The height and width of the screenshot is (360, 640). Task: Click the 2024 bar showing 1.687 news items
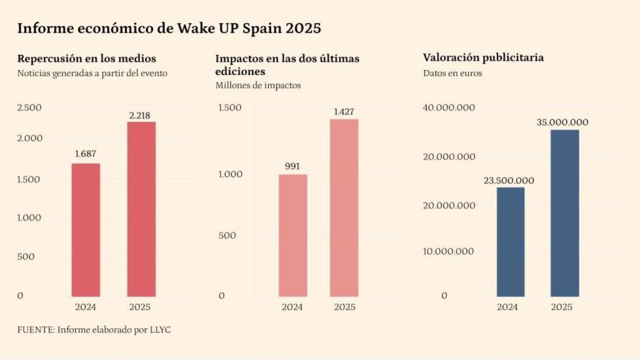[x=86, y=229]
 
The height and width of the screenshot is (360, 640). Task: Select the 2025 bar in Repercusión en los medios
[x=141, y=209]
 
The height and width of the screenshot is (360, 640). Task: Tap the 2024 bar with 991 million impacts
[x=292, y=235]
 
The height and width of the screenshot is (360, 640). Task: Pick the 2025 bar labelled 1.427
[x=344, y=207]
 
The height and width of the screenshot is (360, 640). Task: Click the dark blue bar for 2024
[x=510, y=241]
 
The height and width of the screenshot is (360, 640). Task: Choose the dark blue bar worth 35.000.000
[x=565, y=212]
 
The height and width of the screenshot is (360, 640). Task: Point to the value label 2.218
[x=139, y=115]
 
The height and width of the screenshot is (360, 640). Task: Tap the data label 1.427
[x=343, y=112]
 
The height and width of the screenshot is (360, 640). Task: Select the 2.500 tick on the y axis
[x=29, y=107]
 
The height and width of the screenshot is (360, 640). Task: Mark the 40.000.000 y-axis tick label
[x=449, y=107]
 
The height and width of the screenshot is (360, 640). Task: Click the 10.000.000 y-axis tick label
[x=449, y=251]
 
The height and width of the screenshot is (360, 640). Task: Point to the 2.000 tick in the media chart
[x=29, y=138]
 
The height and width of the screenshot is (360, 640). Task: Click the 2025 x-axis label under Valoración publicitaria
[x=561, y=307]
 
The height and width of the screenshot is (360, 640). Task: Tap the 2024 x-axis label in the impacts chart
[x=292, y=307]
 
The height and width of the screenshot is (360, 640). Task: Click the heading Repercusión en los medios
[x=87, y=59]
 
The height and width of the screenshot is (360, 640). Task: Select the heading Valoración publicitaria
[x=483, y=57]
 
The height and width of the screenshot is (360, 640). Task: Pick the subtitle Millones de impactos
[x=258, y=85]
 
